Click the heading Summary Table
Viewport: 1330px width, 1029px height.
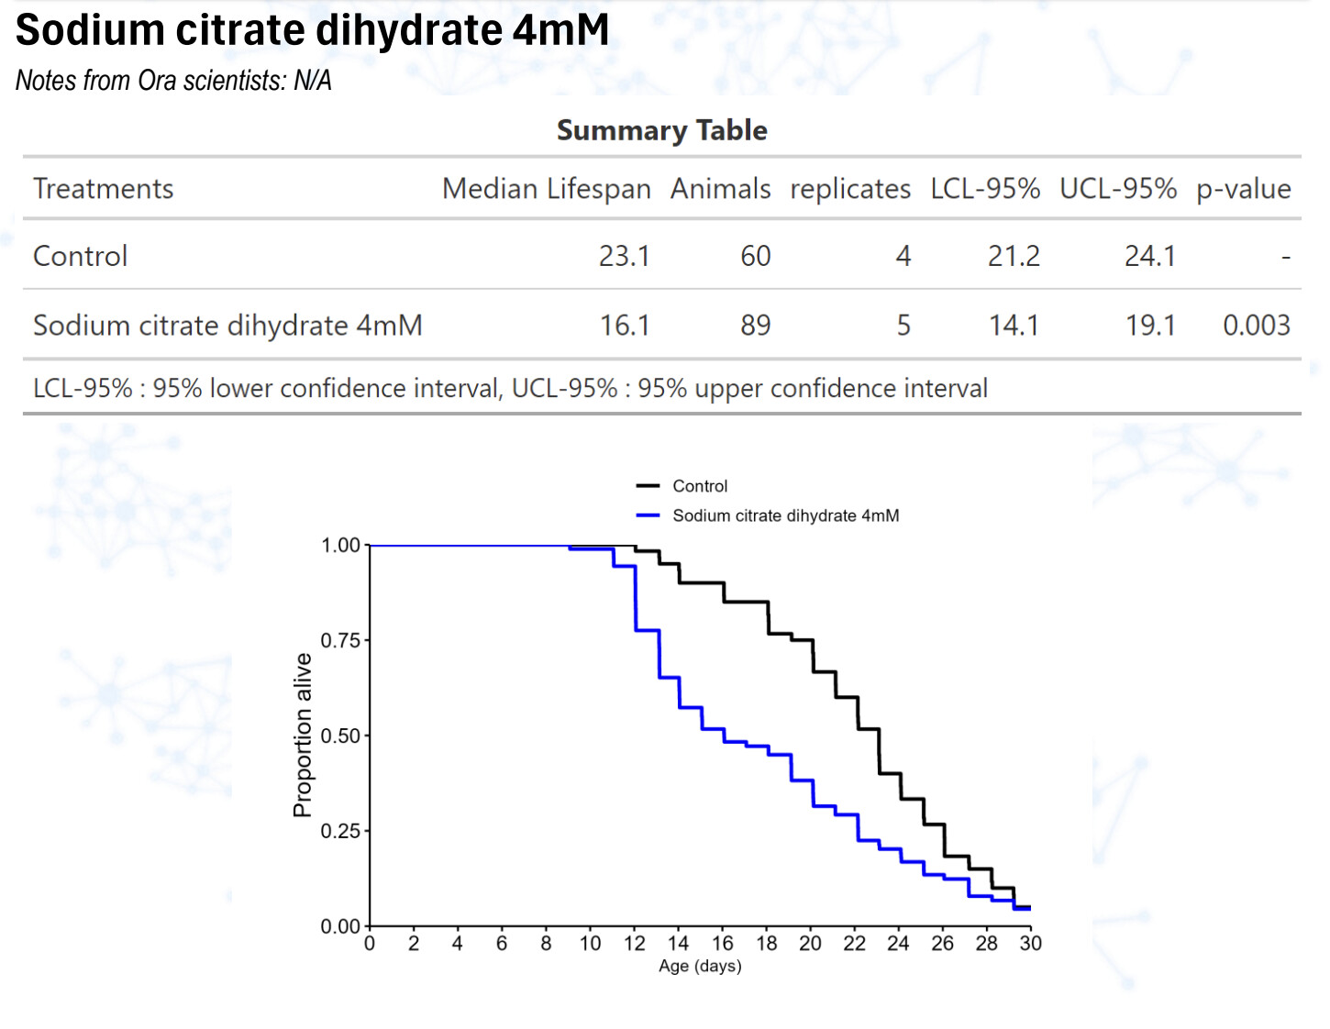pyautogui.click(x=661, y=130)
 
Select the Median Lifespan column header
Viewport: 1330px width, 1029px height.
pyautogui.click(x=546, y=189)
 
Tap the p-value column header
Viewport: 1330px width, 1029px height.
pyautogui.click(x=1243, y=189)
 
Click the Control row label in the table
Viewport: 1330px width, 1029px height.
pyautogui.click(x=81, y=256)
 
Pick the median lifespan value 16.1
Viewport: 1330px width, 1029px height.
pyautogui.click(x=625, y=326)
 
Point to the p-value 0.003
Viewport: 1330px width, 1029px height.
pyautogui.click(x=1256, y=326)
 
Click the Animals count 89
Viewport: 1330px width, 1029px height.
pyautogui.click(x=755, y=326)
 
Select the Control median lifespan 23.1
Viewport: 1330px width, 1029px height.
pyautogui.click(x=624, y=256)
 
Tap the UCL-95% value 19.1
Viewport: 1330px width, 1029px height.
pyautogui.click(x=1150, y=326)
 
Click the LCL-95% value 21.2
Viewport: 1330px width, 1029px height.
pyautogui.click(x=1014, y=256)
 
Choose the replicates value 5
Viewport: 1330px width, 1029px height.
pyautogui.click(x=903, y=326)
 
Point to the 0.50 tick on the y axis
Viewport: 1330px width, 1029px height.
pyautogui.click(x=340, y=736)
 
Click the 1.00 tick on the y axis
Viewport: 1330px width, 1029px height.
pyautogui.click(x=340, y=546)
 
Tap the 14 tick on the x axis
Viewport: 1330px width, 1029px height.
pyautogui.click(x=678, y=944)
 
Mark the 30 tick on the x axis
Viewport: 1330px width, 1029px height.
pyautogui.click(x=1030, y=944)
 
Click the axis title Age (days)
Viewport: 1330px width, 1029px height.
pyautogui.click(x=700, y=966)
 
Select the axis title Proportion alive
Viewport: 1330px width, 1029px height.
pyautogui.click(x=303, y=735)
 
